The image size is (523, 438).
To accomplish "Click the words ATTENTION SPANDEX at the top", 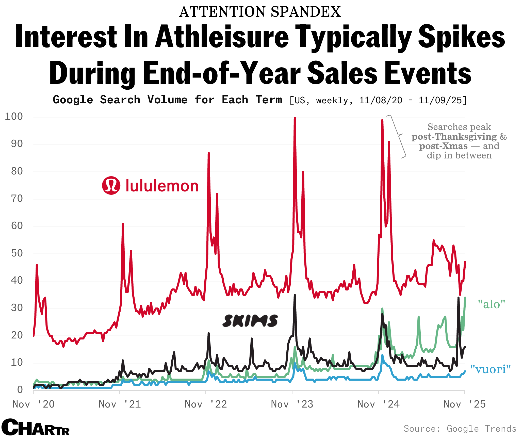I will coord(260,12).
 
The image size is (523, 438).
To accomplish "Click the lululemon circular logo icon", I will coord(111,186).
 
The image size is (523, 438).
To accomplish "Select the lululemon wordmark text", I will coord(162,186).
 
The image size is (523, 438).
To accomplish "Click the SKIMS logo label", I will coord(250,321).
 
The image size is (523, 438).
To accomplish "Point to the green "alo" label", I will coord(491,304).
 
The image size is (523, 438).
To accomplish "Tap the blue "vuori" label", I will coord(490,369).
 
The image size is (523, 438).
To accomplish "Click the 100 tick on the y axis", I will coord(14,117).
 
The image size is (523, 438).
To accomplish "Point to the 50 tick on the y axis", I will coord(17,253).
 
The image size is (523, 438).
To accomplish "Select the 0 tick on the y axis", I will coord(20,390).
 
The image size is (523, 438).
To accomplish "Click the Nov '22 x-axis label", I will coord(206,404).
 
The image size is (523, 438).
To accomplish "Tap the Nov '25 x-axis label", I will coord(464,404).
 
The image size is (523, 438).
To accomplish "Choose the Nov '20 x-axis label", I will coord(34,404).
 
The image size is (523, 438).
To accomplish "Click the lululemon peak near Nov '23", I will coord(295,118).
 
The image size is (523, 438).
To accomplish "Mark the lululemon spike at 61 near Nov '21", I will coord(123,224).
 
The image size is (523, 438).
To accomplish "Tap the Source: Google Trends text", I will coord(460,429).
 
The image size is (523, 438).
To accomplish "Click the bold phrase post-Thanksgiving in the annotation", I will coord(454,137).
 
